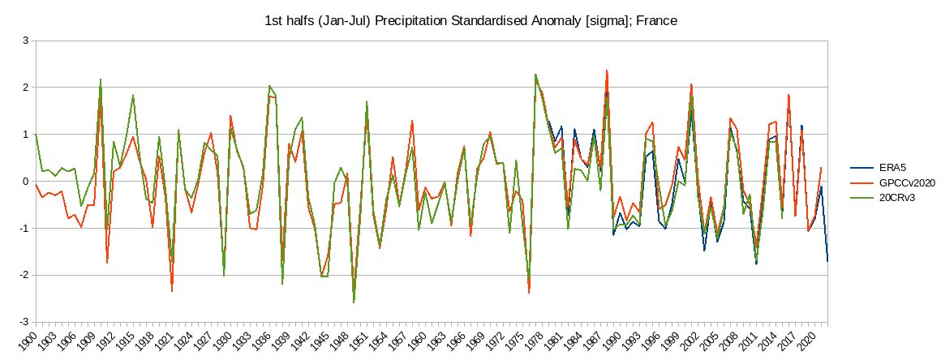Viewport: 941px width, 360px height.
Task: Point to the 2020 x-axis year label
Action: click(809, 338)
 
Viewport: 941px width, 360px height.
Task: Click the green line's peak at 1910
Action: click(101, 79)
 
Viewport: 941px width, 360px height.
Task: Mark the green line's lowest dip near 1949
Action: click(354, 303)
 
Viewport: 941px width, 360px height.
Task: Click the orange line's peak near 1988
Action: click(607, 71)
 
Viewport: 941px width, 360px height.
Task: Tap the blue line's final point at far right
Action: click(828, 261)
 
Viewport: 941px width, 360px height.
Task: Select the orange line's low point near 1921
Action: click(172, 291)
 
